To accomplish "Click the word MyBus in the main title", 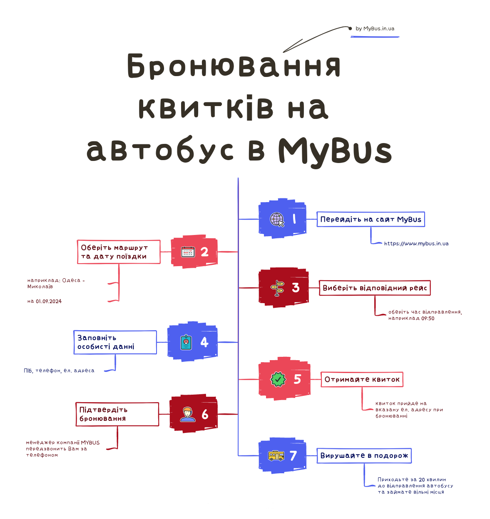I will pyautogui.click(x=335, y=151).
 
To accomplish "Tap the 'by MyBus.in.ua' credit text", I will pyautogui.click(x=375, y=29).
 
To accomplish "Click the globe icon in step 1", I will pyautogui.click(x=277, y=220).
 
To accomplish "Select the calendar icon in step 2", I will pyautogui.click(x=188, y=252).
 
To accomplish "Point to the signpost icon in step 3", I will pyautogui.click(x=278, y=288).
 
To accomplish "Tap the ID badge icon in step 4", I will pyautogui.click(x=186, y=342).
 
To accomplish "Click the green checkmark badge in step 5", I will pyautogui.click(x=278, y=379).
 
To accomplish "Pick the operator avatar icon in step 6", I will pyautogui.click(x=188, y=414).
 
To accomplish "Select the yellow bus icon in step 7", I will pyautogui.click(x=276, y=456).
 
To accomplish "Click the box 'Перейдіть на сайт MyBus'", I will pyautogui.click(x=371, y=219).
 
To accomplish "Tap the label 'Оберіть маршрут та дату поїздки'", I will pyautogui.click(x=119, y=252).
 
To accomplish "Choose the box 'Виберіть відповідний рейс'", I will pyautogui.click(x=375, y=288).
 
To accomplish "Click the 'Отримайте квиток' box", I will pyautogui.click(x=362, y=379).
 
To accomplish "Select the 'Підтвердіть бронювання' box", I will pyautogui.click(x=117, y=414).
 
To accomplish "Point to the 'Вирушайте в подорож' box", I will pyautogui.click(x=364, y=456).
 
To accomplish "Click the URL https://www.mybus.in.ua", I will pyautogui.click(x=416, y=244).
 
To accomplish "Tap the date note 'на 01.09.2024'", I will pyautogui.click(x=45, y=302).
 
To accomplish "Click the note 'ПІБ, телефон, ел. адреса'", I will pyautogui.click(x=59, y=371).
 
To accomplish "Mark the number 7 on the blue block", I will pyautogui.click(x=294, y=456).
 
